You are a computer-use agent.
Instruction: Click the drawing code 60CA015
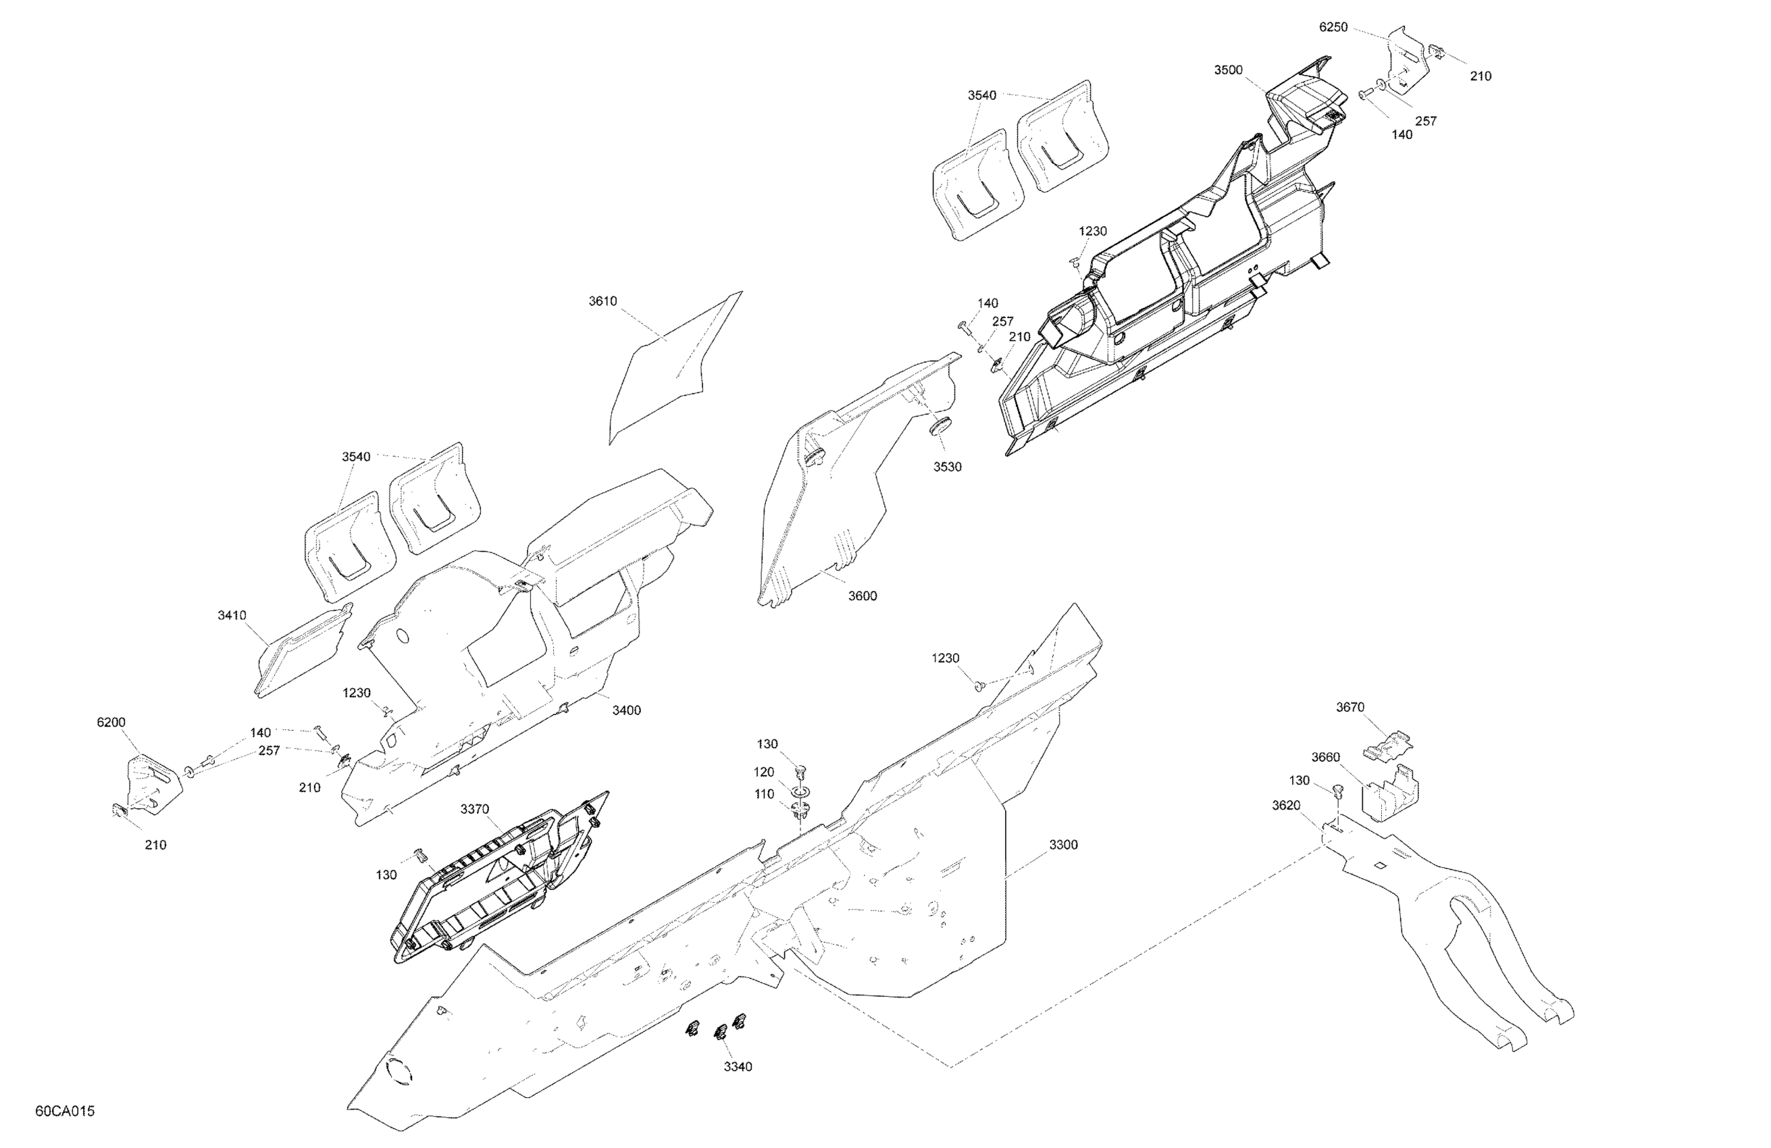pos(65,1111)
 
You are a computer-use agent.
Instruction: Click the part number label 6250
pos(1333,28)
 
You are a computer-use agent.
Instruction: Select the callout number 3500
pos(1228,70)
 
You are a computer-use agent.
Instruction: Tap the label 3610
pos(602,301)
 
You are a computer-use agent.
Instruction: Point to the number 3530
pos(947,467)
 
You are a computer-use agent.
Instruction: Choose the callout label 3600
pos(863,596)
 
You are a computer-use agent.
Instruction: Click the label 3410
pos(232,615)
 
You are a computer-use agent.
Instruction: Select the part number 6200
pos(111,723)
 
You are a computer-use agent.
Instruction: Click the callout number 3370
pos(474,810)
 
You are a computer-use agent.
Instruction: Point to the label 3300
pos(1062,844)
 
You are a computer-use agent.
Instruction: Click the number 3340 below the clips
pos(738,1067)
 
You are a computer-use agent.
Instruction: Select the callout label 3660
pos(1325,758)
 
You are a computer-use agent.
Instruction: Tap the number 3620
pos(1286,805)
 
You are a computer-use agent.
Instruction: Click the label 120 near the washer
pos(763,773)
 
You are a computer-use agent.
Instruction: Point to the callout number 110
pos(763,795)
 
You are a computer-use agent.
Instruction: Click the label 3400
pos(626,710)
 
